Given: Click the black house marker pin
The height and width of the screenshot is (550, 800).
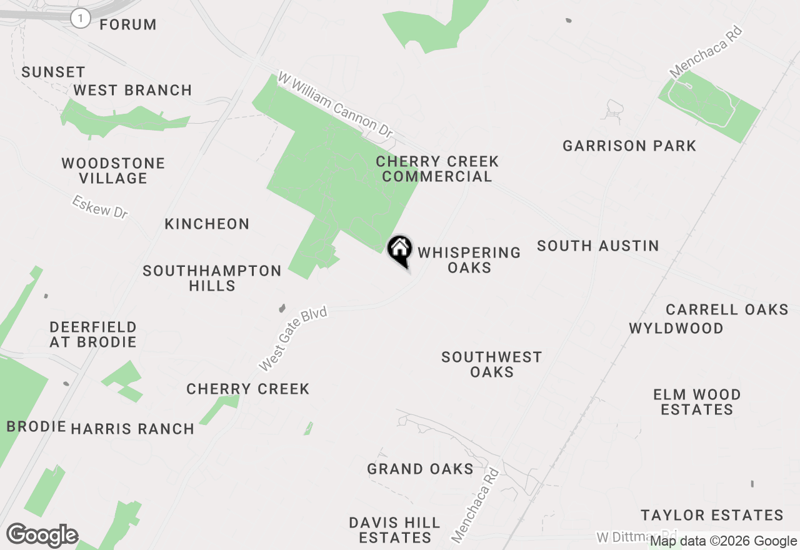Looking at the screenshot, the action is pos(400,251).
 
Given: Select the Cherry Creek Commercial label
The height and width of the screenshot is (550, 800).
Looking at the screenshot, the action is pos(437,169).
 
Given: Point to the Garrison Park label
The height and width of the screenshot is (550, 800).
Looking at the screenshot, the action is pos(629,146).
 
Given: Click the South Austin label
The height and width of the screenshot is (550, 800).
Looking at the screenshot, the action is pos(598,246).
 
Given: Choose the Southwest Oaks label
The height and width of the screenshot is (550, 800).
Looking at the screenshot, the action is pos(492,364).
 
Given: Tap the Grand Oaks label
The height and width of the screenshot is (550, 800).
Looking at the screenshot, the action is pos(420,469).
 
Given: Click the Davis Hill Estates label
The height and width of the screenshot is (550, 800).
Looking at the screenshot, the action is pos(394,529).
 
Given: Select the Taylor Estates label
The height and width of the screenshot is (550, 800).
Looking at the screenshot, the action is pos(712,515).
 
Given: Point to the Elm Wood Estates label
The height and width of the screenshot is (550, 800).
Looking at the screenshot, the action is pos(697,402).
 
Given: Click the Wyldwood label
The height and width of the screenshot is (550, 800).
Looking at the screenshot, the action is pos(676,328).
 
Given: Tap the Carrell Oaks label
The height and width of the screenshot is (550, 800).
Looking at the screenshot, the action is pos(727,309).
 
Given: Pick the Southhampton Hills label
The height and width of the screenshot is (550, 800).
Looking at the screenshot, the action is pos(212,278).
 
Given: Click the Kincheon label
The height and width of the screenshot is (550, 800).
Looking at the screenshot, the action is pos(207,224).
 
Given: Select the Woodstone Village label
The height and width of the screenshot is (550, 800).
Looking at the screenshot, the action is pos(113,171).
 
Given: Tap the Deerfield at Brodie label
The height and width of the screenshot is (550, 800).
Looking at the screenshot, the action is pos(93,334).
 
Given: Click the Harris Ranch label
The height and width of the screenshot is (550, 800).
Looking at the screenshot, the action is pos(132,429).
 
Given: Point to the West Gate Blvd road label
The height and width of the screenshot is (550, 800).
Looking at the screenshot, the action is pos(293,338).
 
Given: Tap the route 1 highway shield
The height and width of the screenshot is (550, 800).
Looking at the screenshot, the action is pos(80,18).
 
